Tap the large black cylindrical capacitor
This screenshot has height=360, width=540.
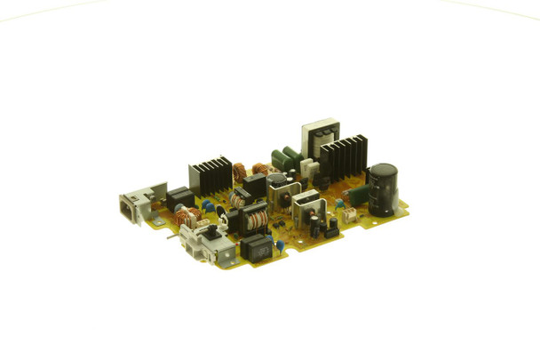pos(383,188)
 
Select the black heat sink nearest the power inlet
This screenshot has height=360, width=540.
pos(210,176)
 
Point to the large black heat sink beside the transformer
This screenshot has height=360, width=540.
pos(344,156)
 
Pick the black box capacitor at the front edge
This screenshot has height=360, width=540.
pos(256,246)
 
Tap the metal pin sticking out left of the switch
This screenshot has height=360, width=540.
pos(170,237)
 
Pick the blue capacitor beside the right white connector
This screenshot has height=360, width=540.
pos(338,204)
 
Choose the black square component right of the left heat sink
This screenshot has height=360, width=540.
pos(255,185)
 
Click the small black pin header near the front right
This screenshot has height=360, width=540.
pos(330,230)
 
